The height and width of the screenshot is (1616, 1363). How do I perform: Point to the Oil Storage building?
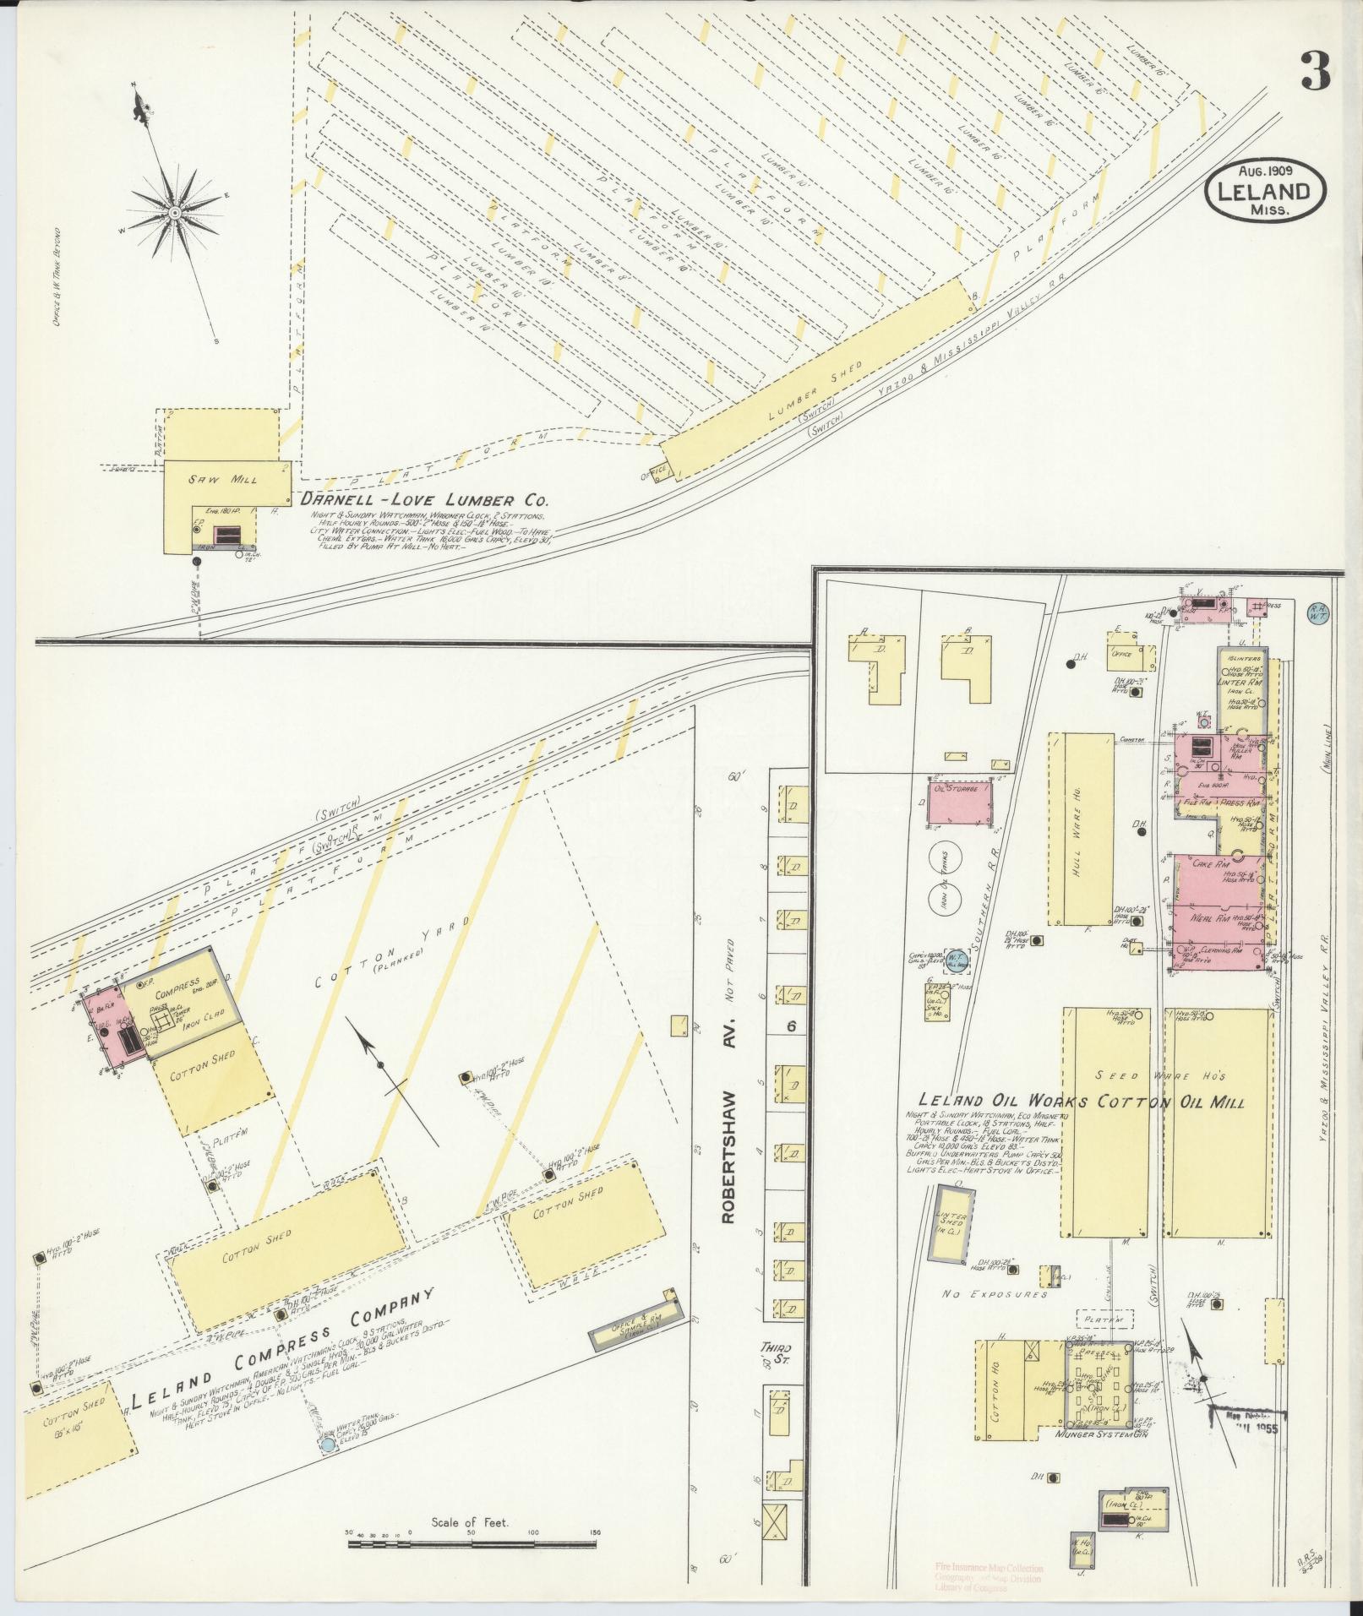point(959,799)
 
